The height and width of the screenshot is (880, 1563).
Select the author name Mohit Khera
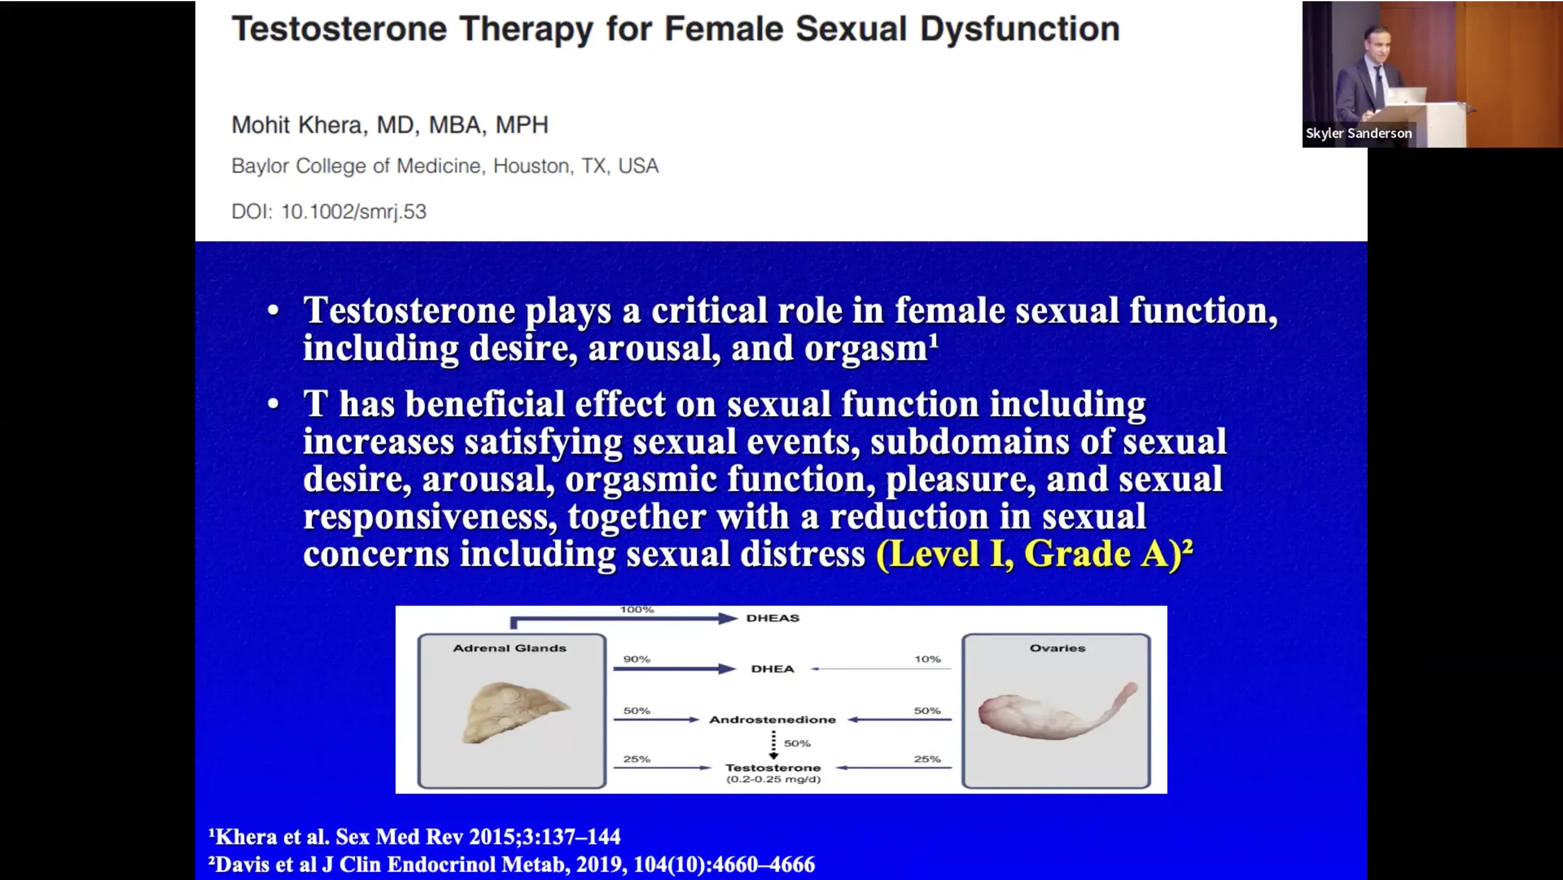297,125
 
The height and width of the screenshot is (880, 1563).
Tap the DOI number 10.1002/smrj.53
354,212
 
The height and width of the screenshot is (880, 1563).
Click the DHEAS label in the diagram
772,618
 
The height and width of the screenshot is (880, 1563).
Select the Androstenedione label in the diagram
772,720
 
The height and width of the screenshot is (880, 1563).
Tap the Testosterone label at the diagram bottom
773,768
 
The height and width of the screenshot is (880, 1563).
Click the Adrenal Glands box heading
510,648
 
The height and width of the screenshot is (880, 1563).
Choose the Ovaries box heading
1057,648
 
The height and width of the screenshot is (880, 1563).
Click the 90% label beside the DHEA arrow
637,659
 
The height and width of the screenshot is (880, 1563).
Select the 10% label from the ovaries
927,659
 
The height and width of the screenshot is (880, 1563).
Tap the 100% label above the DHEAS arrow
637,610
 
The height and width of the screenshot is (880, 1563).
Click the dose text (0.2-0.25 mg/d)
773,779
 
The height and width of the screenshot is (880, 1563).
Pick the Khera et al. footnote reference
415,837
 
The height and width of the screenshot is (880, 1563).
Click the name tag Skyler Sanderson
1358,133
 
